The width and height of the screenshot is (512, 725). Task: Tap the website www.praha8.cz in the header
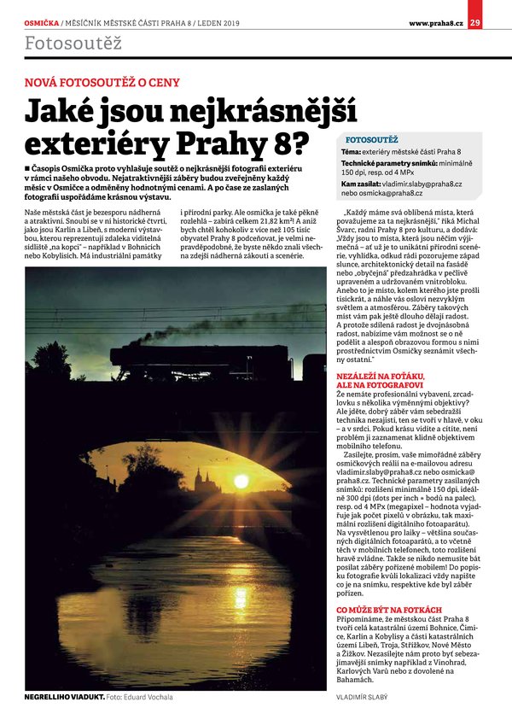(x=436, y=21)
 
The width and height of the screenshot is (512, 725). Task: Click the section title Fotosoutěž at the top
(x=73, y=43)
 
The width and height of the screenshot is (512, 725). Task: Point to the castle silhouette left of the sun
(x=203, y=477)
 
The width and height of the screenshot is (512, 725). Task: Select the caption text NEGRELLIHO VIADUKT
(x=63, y=698)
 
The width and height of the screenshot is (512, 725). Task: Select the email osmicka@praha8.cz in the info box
(x=401, y=193)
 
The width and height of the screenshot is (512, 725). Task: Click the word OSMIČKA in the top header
(x=42, y=21)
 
